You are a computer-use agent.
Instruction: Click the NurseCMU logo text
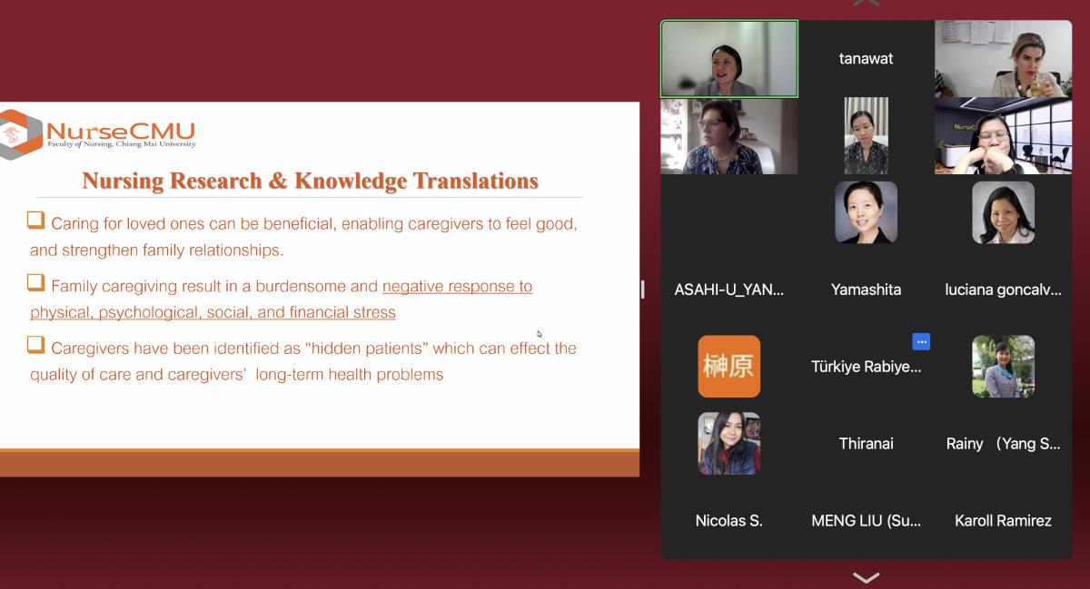[x=121, y=131]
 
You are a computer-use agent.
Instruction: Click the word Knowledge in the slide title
[x=351, y=181]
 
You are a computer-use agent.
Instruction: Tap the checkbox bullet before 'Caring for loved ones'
[x=36, y=220]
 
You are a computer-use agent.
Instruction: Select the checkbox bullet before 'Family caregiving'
[x=36, y=282]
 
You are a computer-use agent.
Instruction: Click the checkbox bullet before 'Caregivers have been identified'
[x=36, y=344]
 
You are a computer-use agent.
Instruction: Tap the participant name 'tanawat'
[x=866, y=58]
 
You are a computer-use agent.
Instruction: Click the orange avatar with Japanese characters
[x=728, y=367]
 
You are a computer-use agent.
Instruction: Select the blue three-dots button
[x=921, y=342]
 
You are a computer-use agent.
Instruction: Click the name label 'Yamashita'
[x=866, y=290]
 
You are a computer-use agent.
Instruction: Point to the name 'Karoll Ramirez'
[x=1003, y=520]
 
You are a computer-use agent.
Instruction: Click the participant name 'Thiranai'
[x=866, y=444]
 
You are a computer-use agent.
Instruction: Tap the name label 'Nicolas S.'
[x=728, y=520]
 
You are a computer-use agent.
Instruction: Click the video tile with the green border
[x=728, y=58]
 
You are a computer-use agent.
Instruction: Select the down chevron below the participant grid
[x=867, y=577]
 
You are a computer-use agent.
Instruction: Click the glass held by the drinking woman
[x=1037, y=88]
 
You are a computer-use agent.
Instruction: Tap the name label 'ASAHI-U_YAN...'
[x=728, y=290]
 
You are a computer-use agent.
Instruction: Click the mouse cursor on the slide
[x=540, y=334]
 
